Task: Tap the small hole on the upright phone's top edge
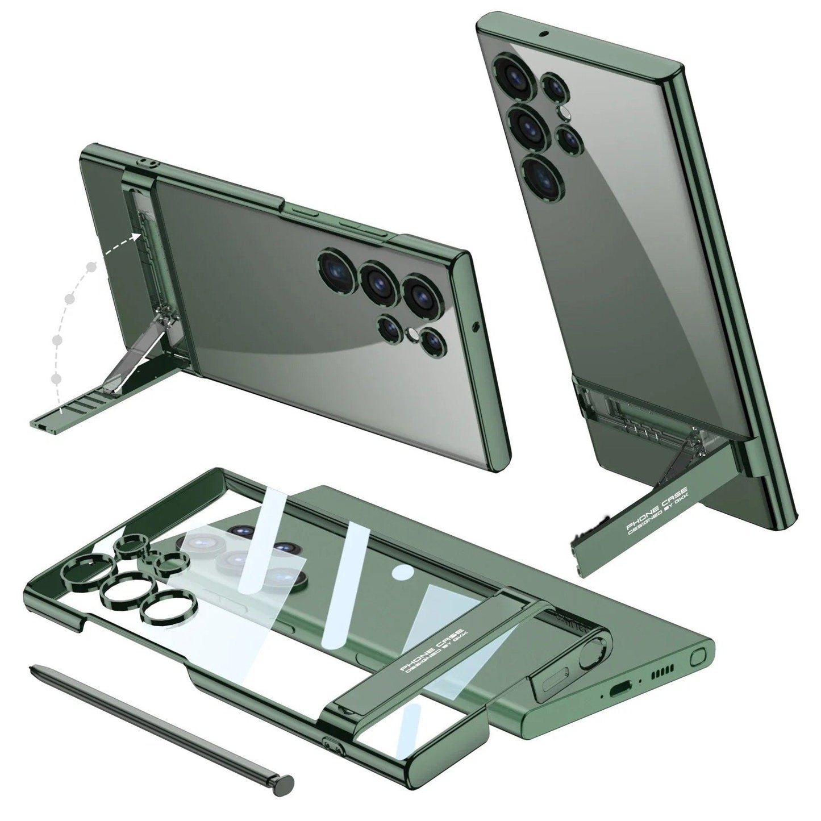pos(545,33)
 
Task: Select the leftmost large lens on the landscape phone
pos(336,269)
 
